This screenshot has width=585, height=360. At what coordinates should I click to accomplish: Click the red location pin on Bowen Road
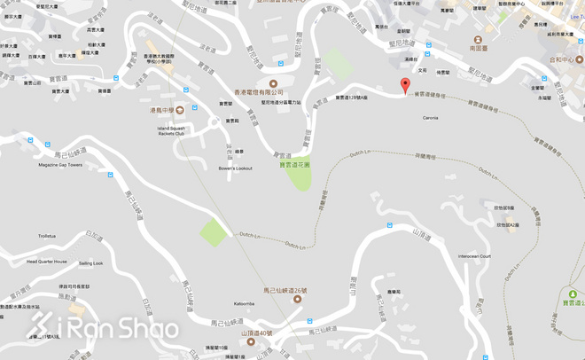(x=406, y=85)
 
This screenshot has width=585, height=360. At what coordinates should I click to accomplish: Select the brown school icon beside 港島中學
(x=180, y=110)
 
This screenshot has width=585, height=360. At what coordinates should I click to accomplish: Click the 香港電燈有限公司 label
(x=259, y=91)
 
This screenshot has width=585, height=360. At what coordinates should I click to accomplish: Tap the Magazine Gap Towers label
(x=60, y=165)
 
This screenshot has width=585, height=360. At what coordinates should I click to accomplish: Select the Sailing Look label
(x=90, y=263)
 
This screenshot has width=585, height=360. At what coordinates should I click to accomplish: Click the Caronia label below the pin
(x=431, y=117)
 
